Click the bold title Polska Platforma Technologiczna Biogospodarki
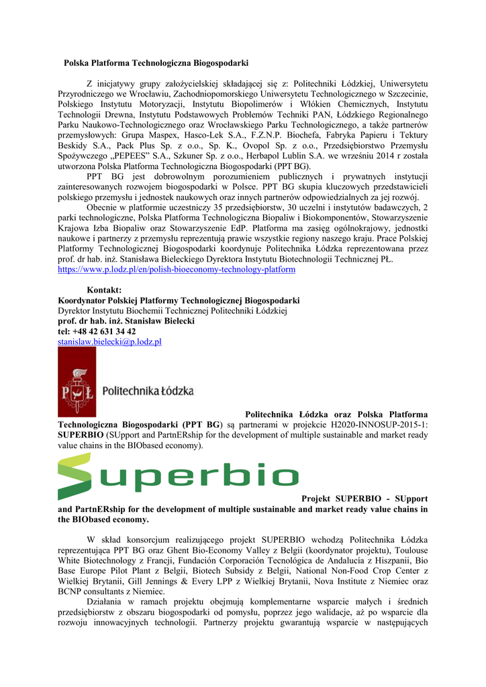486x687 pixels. (156, 63)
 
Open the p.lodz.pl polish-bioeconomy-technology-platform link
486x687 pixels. (177, 270)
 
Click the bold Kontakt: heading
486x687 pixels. (104, 290)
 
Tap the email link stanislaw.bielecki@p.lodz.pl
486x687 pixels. (109, 342)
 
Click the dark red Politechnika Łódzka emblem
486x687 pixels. (77, 382)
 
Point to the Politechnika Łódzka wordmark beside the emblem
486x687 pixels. (148, 390)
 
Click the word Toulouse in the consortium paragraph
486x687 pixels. (409, 549)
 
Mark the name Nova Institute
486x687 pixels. (342, 581)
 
